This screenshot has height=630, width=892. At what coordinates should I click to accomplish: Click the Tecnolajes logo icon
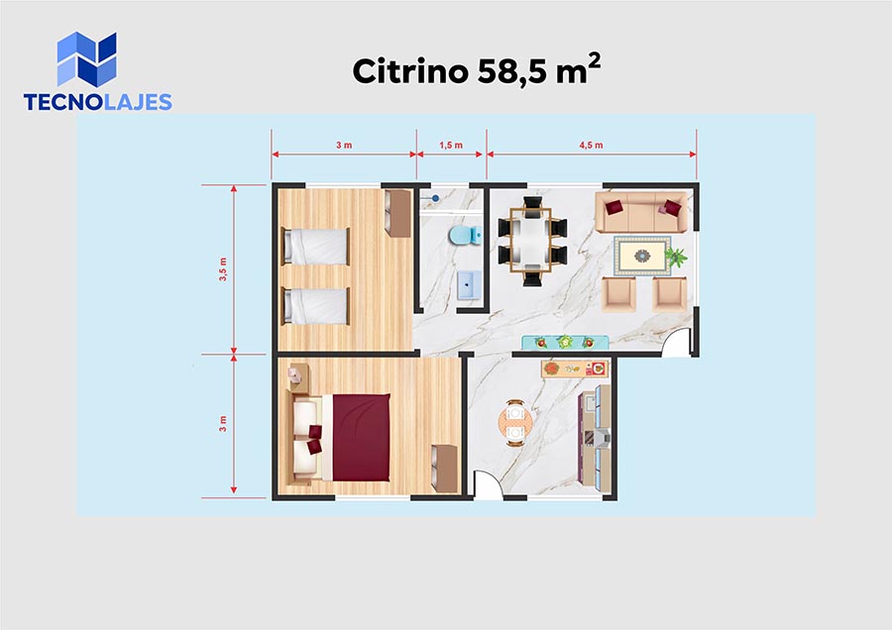click(86, 58)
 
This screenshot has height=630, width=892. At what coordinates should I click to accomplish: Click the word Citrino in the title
click(410, 71)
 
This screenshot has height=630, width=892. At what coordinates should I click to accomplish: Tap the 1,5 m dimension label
click(451, 145)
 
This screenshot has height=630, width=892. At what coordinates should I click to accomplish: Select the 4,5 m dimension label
click(591, 145)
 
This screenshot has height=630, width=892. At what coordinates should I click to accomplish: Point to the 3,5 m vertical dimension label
click(223, 269)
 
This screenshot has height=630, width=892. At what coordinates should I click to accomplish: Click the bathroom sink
click(469, 284)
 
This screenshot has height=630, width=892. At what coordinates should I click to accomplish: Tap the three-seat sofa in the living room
click(641, 212)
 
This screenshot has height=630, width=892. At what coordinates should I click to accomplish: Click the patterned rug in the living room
click(642, 256)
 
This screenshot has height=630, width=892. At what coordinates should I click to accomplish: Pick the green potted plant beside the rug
click(676, 257)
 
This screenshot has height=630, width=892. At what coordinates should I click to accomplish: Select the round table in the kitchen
click(514, 421)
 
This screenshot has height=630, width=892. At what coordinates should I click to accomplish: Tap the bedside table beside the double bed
click(298, 378)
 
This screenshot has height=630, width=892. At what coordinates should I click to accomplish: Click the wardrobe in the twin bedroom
click(397, 213)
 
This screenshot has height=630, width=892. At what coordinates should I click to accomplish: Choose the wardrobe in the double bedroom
click(444, 469)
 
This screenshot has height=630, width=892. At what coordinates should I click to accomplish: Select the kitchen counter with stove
click(595, 438)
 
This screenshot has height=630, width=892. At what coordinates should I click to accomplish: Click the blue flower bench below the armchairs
click(566, 343)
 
